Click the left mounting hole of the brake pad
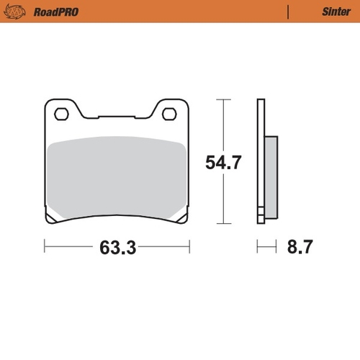pyautogui.click(x=62, y=113)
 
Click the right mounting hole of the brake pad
pyautogui.click(x=169, y=113)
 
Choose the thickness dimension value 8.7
pyautogui.click(x=300, y=248)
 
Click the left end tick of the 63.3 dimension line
pyautogui.click(x=45, y=248)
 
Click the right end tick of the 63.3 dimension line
pyautogui.click(x=189, y=248)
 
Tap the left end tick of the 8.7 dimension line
pyautogui.click(x=258, y=248)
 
